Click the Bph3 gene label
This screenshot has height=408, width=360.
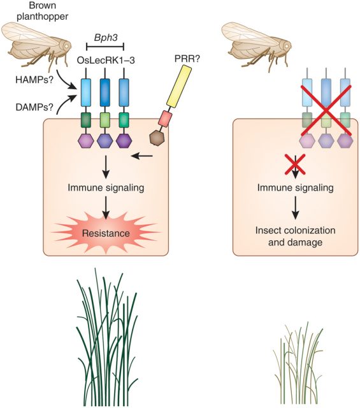click(106, 38)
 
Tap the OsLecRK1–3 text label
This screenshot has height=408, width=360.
click(106, 61)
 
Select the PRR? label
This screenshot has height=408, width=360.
click(187, 59)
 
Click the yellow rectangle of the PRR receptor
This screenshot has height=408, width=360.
click(179, 86)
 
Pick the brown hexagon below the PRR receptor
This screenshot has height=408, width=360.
click(157, 138)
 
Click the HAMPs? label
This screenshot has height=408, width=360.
click(34, 79)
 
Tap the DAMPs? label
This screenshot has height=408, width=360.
click(34, 107)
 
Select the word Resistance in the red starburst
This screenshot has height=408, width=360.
click(106, 233)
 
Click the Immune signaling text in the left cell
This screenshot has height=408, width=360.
click(106, 187)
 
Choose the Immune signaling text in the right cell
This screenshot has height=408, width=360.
click(295, 187)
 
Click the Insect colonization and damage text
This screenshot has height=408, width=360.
click(295, 237)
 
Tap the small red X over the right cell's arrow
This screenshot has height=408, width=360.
click(295, 164)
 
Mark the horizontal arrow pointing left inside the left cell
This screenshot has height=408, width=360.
click(142, 156)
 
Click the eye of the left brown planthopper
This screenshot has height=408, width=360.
click(68, 45)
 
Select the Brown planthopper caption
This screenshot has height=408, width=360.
click(42, 11)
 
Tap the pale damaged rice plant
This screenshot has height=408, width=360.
click(298, 364)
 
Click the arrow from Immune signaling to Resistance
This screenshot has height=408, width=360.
click(106, 208)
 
